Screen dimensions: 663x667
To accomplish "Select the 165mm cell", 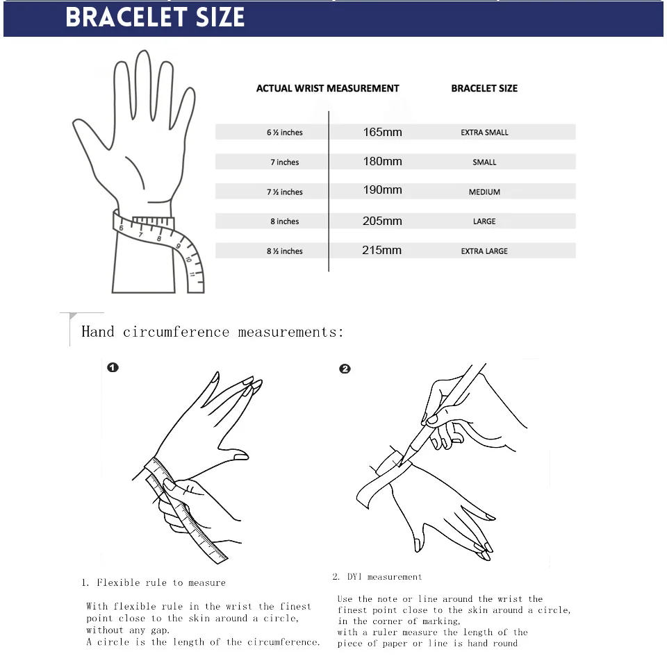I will [x=382, y=132].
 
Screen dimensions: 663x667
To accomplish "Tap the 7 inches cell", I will [x=285, y=162].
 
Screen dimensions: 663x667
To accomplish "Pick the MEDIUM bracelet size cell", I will [x=484, y=192].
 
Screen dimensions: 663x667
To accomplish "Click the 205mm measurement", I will [x=382, y=221].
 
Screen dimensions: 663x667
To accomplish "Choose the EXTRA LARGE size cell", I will [x=484, y=251].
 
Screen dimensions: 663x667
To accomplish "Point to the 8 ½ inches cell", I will [x=285, y=251].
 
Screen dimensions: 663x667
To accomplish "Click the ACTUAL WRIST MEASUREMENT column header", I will [x=327, y=89].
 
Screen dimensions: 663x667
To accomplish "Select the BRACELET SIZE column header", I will [x=484, y=89].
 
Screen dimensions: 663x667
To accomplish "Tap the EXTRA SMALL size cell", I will [x=484, y=133].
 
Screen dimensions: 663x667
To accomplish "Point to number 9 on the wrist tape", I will [x=179, y=246].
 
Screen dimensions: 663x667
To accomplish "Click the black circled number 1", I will [x=113, y=367].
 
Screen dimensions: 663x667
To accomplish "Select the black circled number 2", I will [x=345, y=369].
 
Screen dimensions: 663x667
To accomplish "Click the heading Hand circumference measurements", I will [x=213, y=332].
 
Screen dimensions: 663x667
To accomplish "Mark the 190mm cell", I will [x=382, y=190].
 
